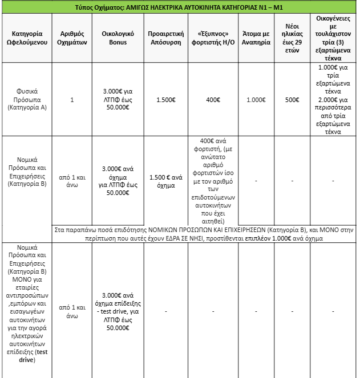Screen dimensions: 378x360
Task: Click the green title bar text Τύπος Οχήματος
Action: [x=179, y=7]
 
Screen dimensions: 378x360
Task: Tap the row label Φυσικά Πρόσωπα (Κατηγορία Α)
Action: [x=26, y=100]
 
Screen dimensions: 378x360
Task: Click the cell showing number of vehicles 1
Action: [x=72, y=100]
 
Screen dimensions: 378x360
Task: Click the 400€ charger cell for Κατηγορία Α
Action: [x=213, y=100]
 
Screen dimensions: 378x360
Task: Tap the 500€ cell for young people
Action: [x=292, y=100]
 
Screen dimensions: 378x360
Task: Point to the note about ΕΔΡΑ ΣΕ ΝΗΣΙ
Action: [x=204, y=234]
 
